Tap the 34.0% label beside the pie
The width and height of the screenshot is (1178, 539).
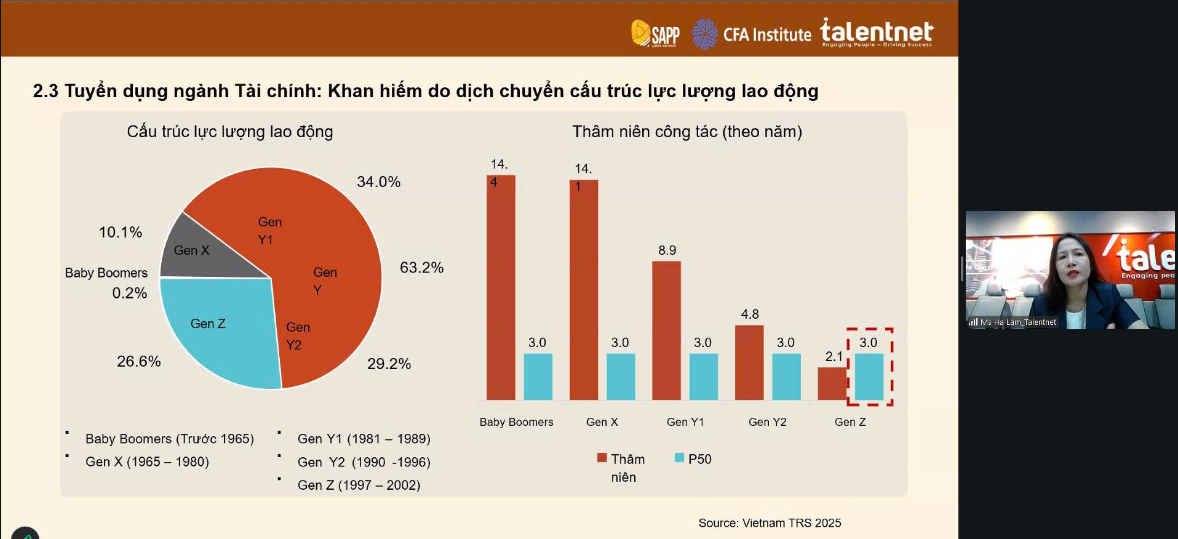[x=378, y=182]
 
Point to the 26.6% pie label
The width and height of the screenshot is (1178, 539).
[x=138, y=361]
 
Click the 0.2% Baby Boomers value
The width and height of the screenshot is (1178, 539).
[x=129, y=293]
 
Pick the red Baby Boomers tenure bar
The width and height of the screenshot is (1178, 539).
[x=501, y=289]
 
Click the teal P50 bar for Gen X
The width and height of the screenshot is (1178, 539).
[x=621, y=377]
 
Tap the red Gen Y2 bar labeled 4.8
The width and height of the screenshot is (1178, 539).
[x=749, y=362]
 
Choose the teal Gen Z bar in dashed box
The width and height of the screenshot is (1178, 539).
[x=869, y=377]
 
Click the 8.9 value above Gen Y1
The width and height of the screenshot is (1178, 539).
[x=667, y=250]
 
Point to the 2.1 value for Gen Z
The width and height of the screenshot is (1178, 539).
[x=834, y=356]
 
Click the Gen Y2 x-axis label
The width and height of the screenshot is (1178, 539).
[x=767, y=422]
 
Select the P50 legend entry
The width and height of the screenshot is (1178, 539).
[x=693, y=459]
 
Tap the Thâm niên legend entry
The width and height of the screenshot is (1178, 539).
[x=621, y=467]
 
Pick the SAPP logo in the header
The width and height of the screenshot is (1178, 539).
[x=655, y=33]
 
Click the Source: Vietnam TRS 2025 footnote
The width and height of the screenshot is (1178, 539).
[x=770, y=523]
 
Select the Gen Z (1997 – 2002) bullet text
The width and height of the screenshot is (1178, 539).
[x=359, y=485]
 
